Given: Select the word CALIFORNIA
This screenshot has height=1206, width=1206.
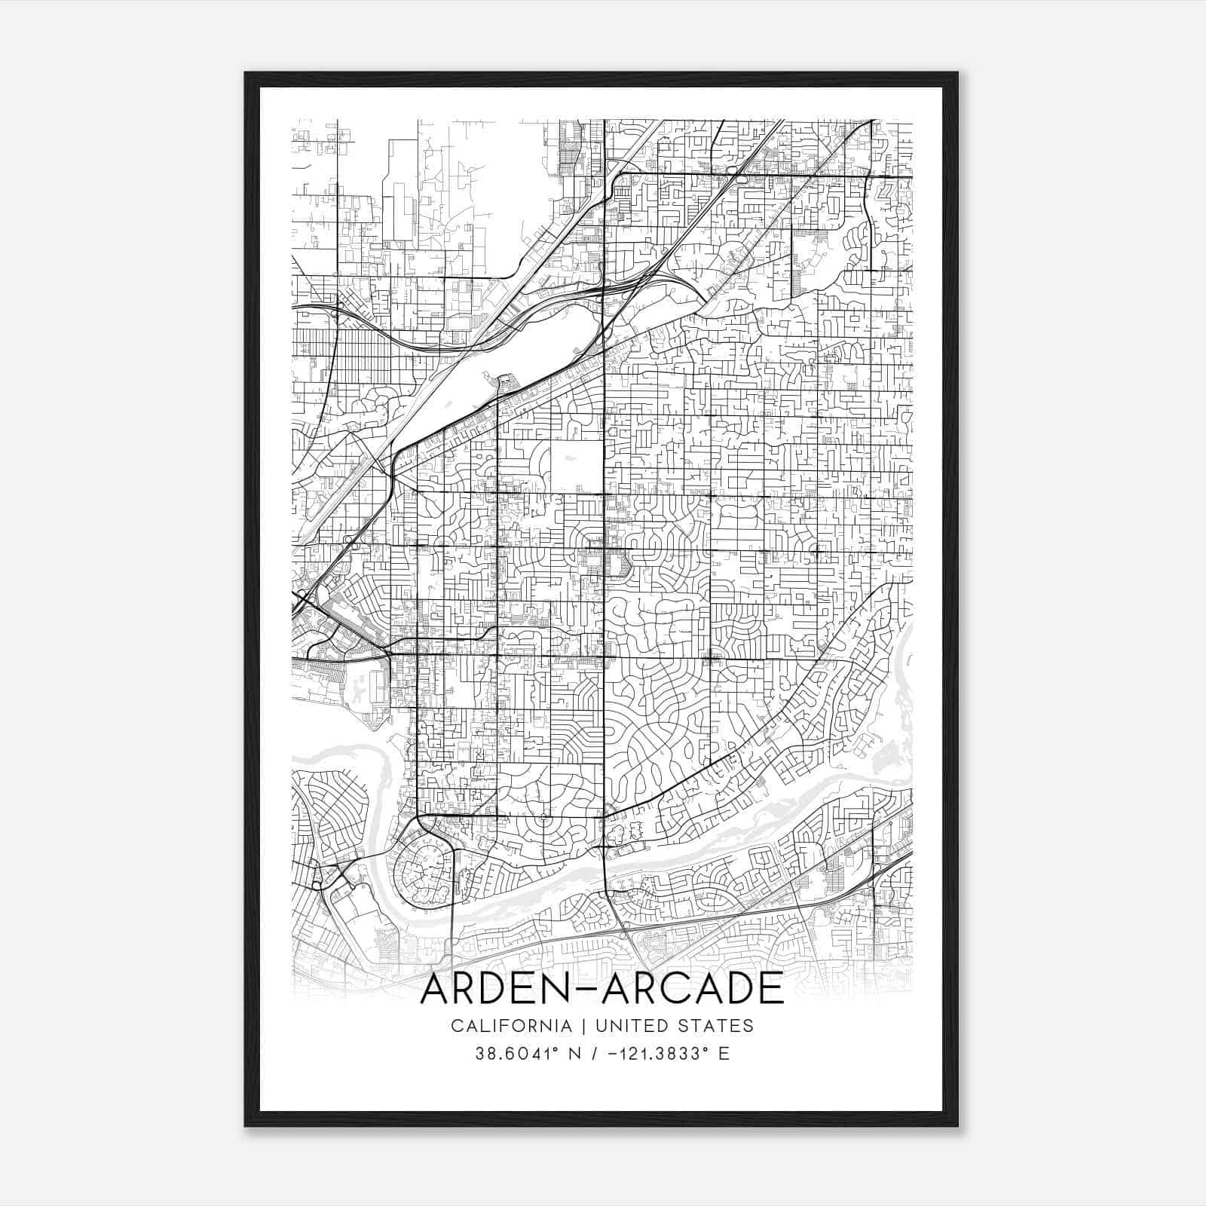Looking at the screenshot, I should (510, 1025).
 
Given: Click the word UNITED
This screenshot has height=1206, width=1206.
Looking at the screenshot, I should (626, 1025).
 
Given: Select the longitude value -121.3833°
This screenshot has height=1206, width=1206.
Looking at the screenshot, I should (647, 1054).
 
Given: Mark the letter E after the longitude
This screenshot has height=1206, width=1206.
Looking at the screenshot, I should (724, 1054).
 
